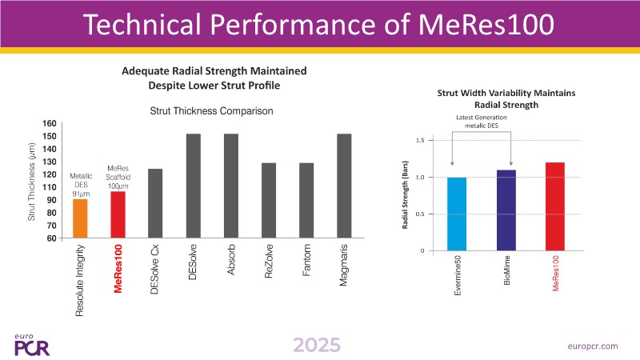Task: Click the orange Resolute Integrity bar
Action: (x=80, y=218)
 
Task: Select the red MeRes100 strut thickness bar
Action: (x=118, y=214)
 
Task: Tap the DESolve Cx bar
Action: (x=155, y=203)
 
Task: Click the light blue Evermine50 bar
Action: (x=457, y=214)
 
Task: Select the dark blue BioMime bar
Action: (x=506, y=210)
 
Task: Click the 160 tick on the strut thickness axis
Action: (x=50, y=124)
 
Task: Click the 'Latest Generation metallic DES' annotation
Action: (x=482, y=122)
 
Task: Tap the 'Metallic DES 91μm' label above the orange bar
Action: (x=81, y=182)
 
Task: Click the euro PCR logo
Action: (x=31, y=343)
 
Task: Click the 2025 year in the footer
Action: (x=316, y=345)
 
